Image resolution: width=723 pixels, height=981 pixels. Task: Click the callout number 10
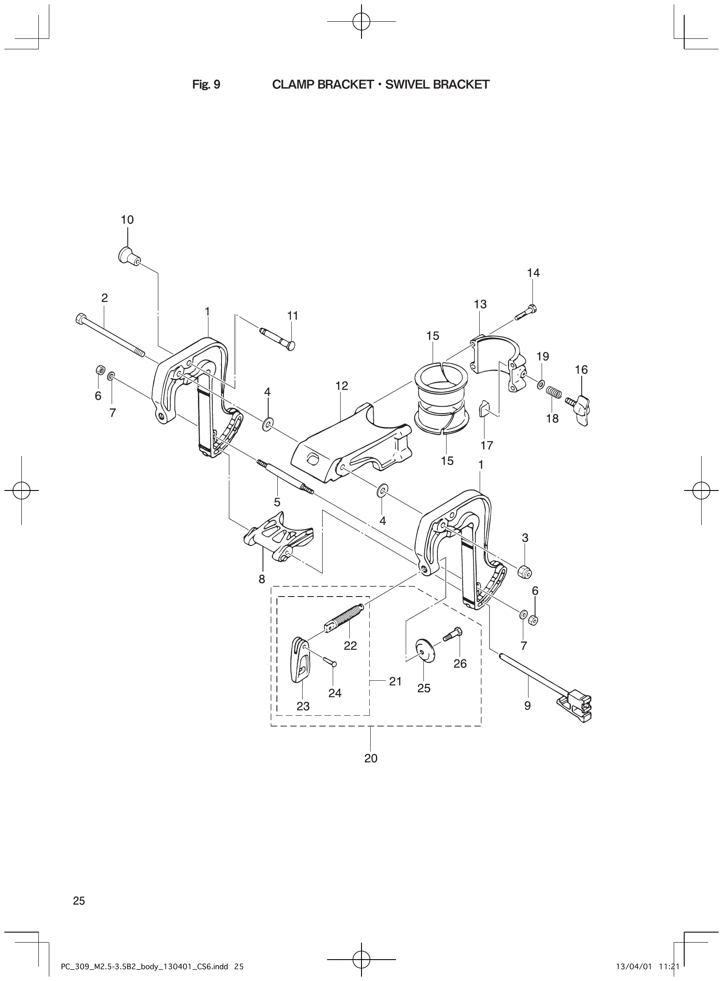[x=127, y=220]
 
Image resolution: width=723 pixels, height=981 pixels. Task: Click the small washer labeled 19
[x=541, y=384]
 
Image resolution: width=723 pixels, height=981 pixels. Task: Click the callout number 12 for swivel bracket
[x=342, y=386]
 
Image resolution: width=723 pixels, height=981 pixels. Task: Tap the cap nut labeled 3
[x=525, y=572]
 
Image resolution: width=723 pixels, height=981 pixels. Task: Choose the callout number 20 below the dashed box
[x=371, y=758]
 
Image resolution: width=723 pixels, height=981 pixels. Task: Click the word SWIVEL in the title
[x=407, y=85]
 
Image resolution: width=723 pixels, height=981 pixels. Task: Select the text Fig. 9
[x=206, y=85]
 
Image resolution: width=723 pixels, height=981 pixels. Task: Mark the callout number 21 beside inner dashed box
[x=395, y=682]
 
